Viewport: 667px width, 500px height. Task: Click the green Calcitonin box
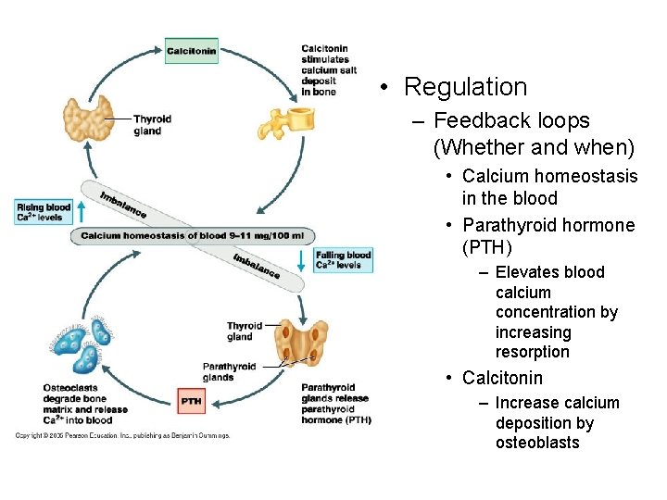(x=192, y=51)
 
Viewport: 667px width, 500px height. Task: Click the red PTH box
(x=192, y=400)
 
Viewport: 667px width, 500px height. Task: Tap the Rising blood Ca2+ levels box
(x=44, y=212)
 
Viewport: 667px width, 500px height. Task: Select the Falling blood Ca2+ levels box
(x=344, y=260)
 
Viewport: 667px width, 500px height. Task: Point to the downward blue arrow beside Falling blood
(x=301, y=260)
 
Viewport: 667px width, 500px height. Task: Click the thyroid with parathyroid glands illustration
(x=304, y=343)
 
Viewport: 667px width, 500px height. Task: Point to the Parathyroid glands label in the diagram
(x=231, y=371)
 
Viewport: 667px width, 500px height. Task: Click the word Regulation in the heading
(x=465, y=87)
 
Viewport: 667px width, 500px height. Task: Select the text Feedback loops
(x=511, y=120)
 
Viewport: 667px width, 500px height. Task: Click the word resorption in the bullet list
(x=533, y=353)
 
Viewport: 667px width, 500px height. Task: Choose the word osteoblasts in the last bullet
(x=537, y=443)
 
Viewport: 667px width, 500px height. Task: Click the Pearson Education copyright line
(x=121, y=435)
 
